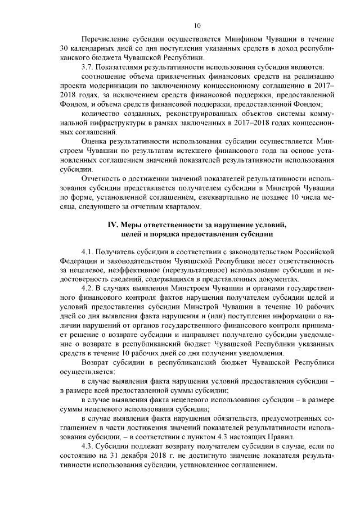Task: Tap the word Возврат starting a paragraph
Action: (x=96, y=362)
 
